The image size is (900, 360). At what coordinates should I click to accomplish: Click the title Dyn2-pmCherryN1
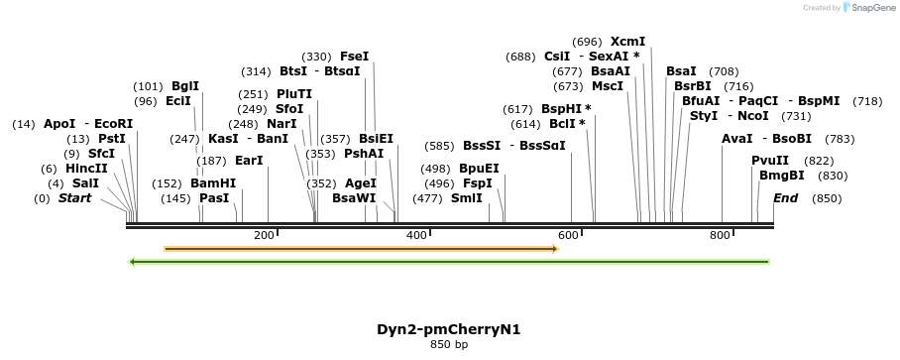[x=449, y=329]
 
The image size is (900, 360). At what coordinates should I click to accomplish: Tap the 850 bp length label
[x=449, y=344]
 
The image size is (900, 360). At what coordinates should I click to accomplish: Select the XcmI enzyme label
[x=627, y=42]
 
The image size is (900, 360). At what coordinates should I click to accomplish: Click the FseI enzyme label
[x=354, y=57]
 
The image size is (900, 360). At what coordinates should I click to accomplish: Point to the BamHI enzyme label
[x=213, y=183]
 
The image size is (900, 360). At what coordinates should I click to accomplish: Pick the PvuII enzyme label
[x=770, y=161]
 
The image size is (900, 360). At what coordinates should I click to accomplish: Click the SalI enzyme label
[x=85, y=183]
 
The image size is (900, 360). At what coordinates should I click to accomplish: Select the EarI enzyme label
[x=249, y=161]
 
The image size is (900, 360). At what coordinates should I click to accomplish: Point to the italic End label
[x=785, y=198]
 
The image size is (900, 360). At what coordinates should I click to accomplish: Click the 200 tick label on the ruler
[x=264, y=235]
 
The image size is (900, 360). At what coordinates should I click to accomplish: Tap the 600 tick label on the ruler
[x=568, y=235]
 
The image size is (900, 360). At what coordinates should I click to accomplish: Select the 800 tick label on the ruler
[x=720, y=235]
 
